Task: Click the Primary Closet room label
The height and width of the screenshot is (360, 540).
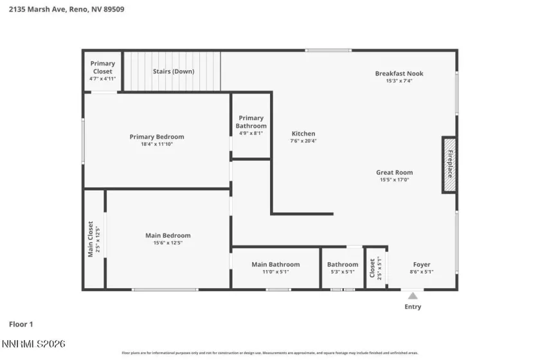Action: [x=102, y=64]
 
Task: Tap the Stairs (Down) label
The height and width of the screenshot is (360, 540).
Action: [x=173, y=71]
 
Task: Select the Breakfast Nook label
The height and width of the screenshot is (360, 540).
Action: [x=399, y=73]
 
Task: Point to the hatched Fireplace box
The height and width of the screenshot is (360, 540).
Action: [x=449, y=165]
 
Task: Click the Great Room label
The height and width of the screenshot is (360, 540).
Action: [x=394, y=172]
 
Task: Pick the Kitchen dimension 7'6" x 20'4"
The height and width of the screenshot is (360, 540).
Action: [x=303, y=141]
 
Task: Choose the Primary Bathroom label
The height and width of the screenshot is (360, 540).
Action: [x=251, y=122]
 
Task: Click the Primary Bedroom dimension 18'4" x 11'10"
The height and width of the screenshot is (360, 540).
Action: [x=157, y=144]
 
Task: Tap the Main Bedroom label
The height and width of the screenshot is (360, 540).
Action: [x=168, y=235]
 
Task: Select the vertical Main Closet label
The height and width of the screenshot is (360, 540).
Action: [x=90, y=239]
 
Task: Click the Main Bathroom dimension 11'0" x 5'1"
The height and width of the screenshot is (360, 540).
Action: [x=275, y=272]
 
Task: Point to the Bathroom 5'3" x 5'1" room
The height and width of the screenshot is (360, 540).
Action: [x=342, y=267]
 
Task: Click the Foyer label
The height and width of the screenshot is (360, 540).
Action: [x=421, y=264]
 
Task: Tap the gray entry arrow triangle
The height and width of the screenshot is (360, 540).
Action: [x=413, y=295]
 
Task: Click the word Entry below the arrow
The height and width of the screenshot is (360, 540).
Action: [x=413, y=307]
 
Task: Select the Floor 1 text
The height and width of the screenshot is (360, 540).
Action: [x=21, y=325]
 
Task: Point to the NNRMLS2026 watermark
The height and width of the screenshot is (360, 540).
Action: [x=33, y=345]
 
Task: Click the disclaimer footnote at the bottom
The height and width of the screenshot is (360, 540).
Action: [x=269, y=353]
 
